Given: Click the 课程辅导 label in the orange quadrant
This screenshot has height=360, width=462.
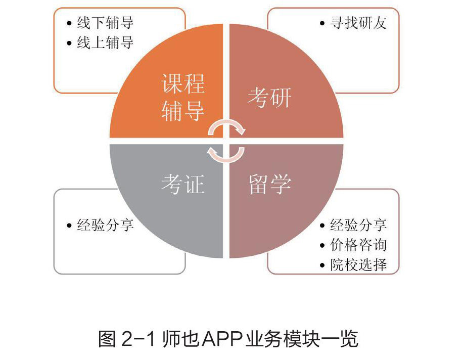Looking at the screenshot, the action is pos(182,98).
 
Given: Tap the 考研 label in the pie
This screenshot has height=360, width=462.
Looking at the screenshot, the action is pos(269,98).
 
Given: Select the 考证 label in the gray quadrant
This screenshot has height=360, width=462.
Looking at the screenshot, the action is pos(182,185).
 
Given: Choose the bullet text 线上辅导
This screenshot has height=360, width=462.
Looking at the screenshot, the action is pos(105,43).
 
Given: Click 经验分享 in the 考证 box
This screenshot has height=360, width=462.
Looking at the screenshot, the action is pos(105,226).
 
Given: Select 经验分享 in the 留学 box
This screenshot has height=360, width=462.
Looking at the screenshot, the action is pos(358,226).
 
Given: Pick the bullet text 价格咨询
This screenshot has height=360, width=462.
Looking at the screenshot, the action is pos(358,245).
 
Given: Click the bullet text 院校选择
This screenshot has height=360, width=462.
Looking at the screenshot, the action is pos(358,265).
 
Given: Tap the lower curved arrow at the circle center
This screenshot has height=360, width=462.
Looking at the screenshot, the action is pos(227,154).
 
